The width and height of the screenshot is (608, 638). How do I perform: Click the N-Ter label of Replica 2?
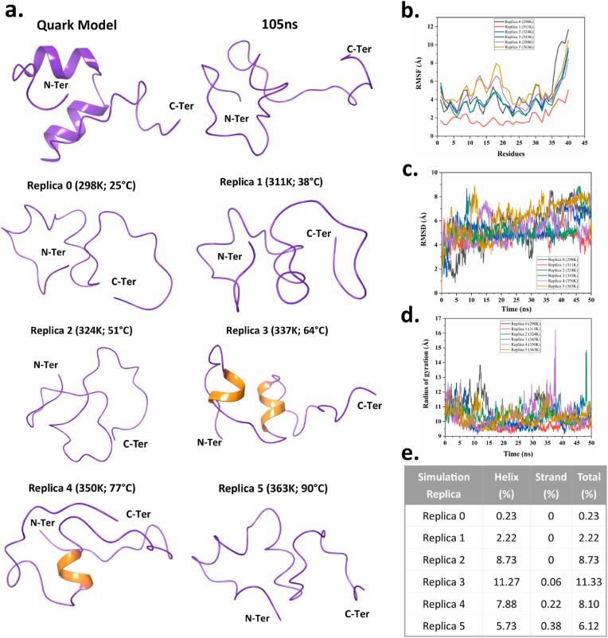coord(47,364)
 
